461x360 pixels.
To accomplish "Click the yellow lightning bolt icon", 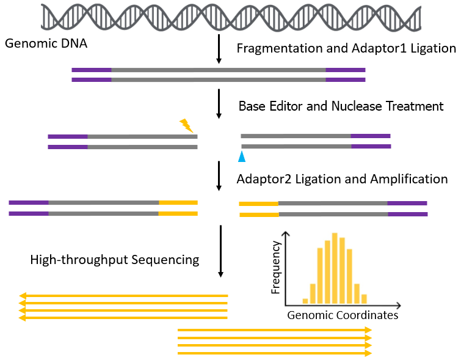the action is (186, 125).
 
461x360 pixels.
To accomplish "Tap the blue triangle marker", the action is (242, 156).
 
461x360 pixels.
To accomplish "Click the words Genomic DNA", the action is (46, 43).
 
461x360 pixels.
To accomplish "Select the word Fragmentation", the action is (280, 48).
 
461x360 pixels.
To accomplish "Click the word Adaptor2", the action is (264, 179).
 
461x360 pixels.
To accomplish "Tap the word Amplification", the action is (409, 179).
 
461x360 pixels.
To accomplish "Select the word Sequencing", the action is (165, 260).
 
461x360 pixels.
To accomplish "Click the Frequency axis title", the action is (275, 267).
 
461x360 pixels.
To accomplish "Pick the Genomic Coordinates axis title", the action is (343, 315).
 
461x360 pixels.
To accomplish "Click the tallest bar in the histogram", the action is (335, 268).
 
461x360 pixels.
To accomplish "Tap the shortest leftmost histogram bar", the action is (305, 301).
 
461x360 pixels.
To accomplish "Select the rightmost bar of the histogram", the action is (364, 299).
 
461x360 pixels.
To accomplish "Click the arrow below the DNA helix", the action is (219, 49).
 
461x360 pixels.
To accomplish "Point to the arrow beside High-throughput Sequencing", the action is (221, 251).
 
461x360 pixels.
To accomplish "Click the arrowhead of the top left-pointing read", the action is (23, 296).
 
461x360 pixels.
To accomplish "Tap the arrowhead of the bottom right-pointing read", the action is (368, 353).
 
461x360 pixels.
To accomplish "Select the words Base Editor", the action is (270, 106).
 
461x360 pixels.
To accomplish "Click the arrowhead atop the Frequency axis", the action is (286, 233).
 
